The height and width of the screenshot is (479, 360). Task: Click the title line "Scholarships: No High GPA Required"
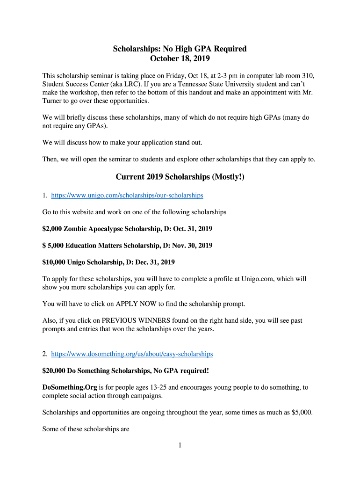tap(180, 49)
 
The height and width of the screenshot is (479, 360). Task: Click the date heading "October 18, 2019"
tap(180, 58)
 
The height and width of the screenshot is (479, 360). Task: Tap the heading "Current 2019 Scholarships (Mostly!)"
tap(180, 177)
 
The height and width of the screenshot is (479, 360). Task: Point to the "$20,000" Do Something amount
tap(53, 371)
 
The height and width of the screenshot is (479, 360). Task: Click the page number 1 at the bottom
tap(180, 445)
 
